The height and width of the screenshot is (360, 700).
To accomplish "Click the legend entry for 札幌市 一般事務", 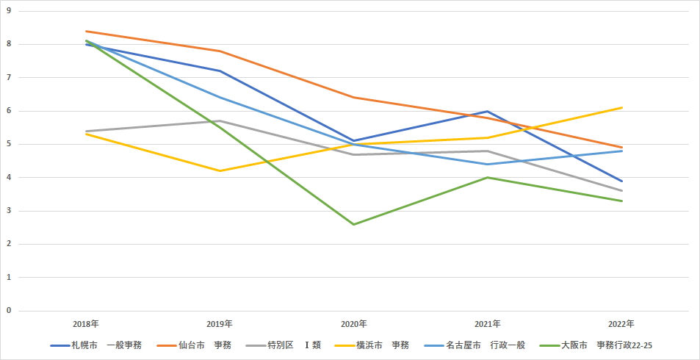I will pos(96,345).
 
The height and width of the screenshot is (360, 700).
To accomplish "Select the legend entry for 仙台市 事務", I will pos(199,345).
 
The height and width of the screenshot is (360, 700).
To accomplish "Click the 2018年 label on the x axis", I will pos(86,323).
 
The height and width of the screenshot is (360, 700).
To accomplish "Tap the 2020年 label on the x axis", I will pos(354,323).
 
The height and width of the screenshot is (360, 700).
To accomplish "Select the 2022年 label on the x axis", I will pos(621,323).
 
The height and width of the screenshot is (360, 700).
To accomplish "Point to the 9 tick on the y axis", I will pos(10,11).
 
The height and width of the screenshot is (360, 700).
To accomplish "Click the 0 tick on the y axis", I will pos(10,311).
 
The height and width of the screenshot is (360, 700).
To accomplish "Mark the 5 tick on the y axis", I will pos(10,144).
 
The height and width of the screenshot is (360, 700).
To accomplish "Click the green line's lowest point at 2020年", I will pos(354,224).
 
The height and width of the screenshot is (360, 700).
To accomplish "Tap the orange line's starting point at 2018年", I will pos(86,31).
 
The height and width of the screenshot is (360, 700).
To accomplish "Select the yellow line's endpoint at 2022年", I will pos(622,107).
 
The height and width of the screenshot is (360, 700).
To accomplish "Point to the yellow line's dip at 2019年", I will pos(220,170).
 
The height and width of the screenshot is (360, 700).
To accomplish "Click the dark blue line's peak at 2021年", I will pos(488,111).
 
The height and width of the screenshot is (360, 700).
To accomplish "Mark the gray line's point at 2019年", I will pos(220,120).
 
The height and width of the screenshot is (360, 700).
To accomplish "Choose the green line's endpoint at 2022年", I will pos(622,201).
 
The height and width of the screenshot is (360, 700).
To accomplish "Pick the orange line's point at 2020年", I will pos(354,97).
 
